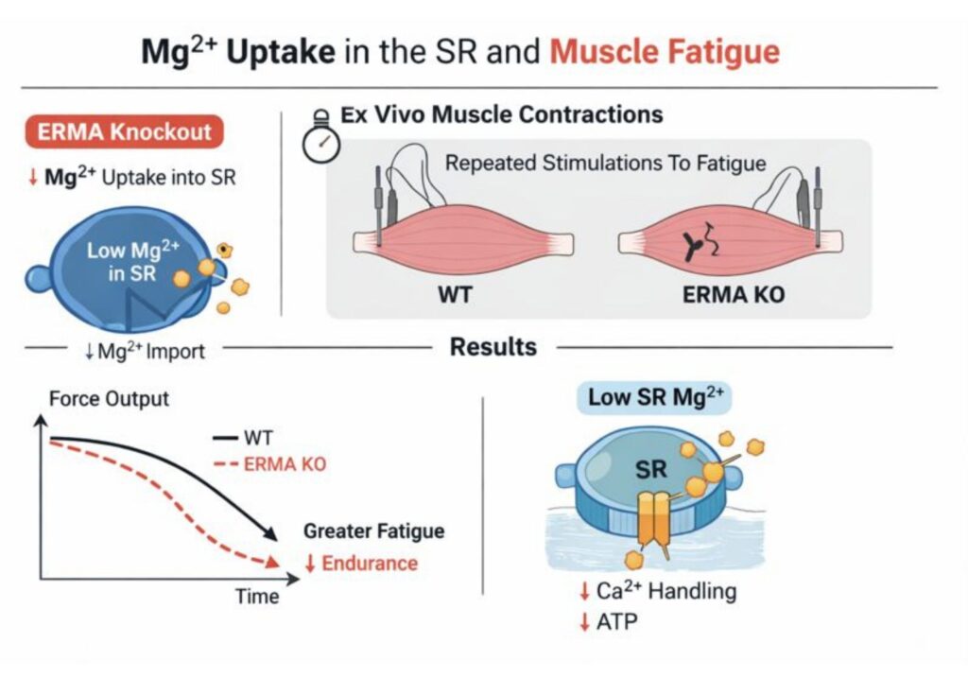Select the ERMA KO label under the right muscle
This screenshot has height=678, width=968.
[734, 293]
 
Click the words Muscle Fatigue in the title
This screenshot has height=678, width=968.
[665, 50]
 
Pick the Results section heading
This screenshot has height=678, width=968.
[493, 347]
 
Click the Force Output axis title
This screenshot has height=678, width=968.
[109, 398]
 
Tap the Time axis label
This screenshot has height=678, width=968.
[257, 597]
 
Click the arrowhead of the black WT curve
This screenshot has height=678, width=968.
[272, 536]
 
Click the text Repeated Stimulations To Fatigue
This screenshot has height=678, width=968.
[605, 164]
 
